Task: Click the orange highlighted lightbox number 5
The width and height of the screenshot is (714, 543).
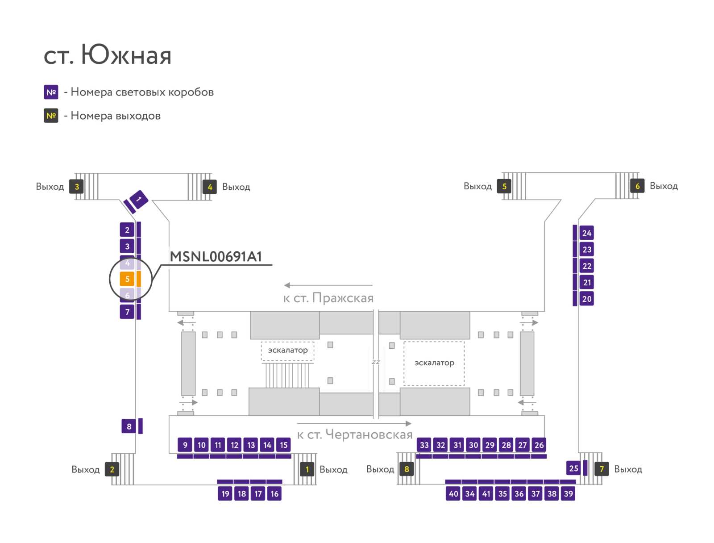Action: click(x=127, y=279)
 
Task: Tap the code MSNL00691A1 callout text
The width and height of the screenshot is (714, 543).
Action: click(x=216, y=257)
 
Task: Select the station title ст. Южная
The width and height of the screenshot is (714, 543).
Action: click(x=108, y=54)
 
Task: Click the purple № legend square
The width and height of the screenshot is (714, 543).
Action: click(x=51, y=92)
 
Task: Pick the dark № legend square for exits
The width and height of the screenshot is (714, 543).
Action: click(x=51, y=116)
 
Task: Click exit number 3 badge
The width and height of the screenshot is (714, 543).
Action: click(x=76, y=187)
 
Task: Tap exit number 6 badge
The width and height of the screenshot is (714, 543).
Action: click(x=637, y=186)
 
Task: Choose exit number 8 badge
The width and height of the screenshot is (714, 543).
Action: click(x=407, y=469)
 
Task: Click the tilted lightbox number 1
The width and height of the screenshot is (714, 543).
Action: click(x=139, y=199)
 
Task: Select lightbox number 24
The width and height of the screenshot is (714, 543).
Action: click(x=586, y=233)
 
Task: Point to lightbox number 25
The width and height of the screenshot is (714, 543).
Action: click(x=573, y=468)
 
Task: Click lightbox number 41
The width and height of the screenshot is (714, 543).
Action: click(x=486, y=493)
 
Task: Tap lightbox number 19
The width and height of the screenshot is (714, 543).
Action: click(x=225, y=493)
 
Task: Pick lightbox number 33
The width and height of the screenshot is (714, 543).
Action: click(x=424, y=445)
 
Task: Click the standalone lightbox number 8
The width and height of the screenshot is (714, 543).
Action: click(x=129, y=426)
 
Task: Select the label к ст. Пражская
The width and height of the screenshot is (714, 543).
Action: click(x=328, y=298)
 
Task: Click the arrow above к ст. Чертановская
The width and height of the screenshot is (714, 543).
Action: click(x=354, y=423)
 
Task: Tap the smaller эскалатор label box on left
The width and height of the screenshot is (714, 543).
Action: click(x=287, y=351)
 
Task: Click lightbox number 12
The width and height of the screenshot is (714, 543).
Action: click(x=234, y=445)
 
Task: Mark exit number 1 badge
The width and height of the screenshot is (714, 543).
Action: click(x=307, y=469)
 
